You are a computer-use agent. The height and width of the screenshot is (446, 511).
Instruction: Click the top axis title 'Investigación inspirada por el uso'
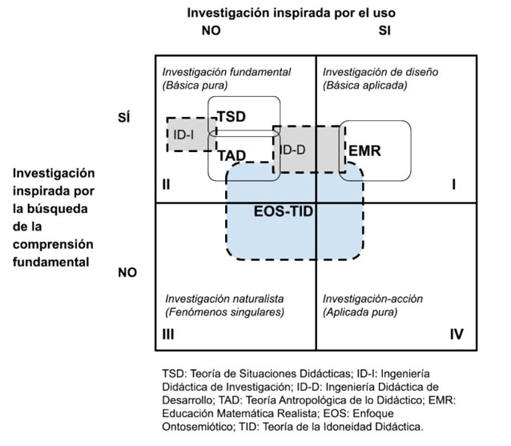[x=291, y=13]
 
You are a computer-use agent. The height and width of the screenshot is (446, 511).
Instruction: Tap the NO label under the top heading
[x=211, y=31]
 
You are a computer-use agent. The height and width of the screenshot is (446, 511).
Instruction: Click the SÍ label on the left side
[x=125, y=118]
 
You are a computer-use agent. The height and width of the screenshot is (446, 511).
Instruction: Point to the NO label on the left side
[x=127, y=272]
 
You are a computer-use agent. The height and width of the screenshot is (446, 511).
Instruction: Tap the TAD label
[x=231, y=155]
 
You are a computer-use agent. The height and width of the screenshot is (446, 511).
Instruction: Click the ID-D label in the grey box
[x=292, y=150]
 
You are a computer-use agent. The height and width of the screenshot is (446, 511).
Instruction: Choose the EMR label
[x=364, y=150]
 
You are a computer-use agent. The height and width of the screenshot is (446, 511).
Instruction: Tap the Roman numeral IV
[x=456, y=335]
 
